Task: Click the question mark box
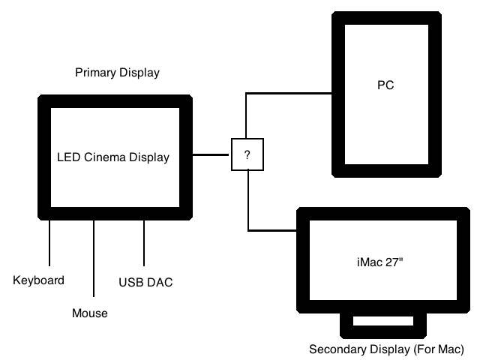pyautogui.click(x=247, y=154)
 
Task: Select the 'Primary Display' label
pyautogui.click(x=117, y=73)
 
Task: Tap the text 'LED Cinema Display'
pyautogui.click(x=113, y=157)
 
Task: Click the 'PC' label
pyautogui.click(x=385, y=86)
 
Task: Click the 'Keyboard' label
pyautogui.click(x=39, y=280)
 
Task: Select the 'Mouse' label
pyautogui.click(x=90, y=313)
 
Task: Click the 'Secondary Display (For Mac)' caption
pyautogui.click(x=387, y=349)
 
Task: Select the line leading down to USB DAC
pyautogui.click(x=144, y=244)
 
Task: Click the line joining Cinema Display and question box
pyautogui.click(x=212, y=155)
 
